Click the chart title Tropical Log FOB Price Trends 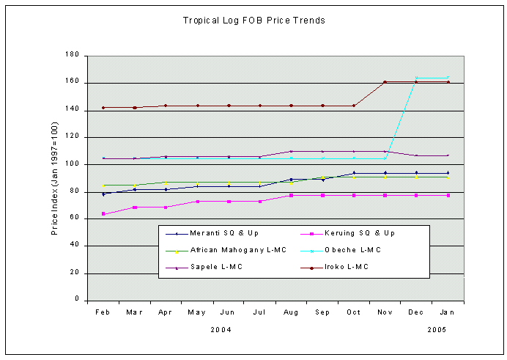point(253,21)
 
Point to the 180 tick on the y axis point(73,56)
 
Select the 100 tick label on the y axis point(73,164)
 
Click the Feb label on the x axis point(103,312)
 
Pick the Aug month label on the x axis point(291,312)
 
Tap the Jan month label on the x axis point(448,312)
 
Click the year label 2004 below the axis point(221,330)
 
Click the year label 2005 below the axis point(437,330)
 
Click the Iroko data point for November point(385,82)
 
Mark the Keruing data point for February point(103,213)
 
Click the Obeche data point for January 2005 point(448,78)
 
